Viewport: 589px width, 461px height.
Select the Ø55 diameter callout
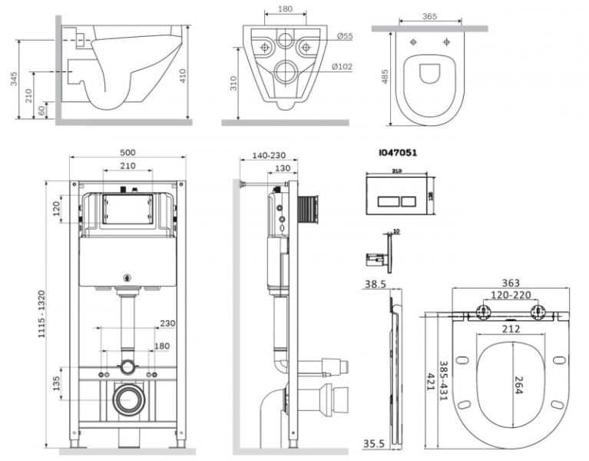(x=344, y=37)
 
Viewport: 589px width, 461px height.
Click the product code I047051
(x=398, y=153)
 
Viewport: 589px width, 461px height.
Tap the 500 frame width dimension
(x=128, y=152)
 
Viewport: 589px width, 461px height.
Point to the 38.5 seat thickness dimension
(x=375, y=284)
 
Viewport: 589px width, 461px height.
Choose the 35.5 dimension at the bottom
(x=376, y=444)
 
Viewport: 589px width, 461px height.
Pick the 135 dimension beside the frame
(x=58, y=383)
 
